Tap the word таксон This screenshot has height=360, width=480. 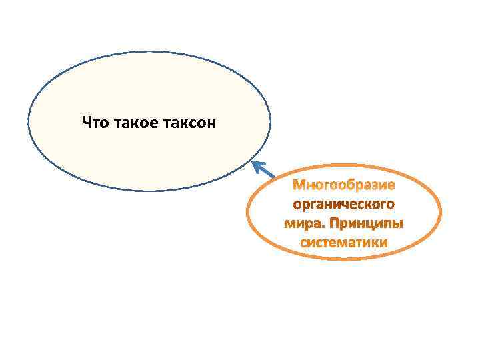187,123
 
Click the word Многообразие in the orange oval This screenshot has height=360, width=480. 344,183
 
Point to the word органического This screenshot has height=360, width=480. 344,203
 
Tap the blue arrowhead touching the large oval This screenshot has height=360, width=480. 255,164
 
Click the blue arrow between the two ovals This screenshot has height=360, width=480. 264,171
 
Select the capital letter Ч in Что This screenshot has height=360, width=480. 86,123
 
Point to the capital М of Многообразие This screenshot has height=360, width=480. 300,183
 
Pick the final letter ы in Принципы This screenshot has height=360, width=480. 399,224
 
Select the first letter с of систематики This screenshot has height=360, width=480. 303,243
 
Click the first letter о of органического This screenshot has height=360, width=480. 297,203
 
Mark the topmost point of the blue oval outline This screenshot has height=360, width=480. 149,51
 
